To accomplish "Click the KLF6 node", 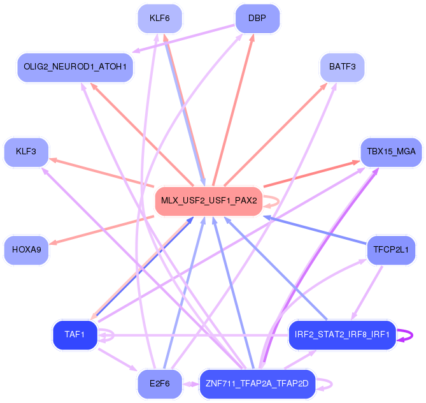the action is (160, 18).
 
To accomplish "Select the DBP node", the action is (257, 18).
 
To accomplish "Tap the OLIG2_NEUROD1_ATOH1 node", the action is (75, 67).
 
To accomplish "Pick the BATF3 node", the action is (343, 67).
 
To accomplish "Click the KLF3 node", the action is (26, 152).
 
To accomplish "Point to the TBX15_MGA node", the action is (391, 152).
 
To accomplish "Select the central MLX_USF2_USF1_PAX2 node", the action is (209, 201).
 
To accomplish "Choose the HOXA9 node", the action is (26, 250).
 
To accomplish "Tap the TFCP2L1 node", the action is (391, 250).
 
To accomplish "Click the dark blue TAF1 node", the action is (75, 335).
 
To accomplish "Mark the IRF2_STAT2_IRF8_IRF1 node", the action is (342, 335).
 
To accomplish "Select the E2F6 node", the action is (160, 384).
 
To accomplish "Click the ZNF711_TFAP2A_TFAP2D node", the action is (257, 384).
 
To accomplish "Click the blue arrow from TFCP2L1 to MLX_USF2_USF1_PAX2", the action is (315, 230).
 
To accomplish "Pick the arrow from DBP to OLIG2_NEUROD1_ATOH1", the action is (183, 39).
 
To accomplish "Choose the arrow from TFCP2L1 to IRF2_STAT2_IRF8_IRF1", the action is (367, 293).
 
